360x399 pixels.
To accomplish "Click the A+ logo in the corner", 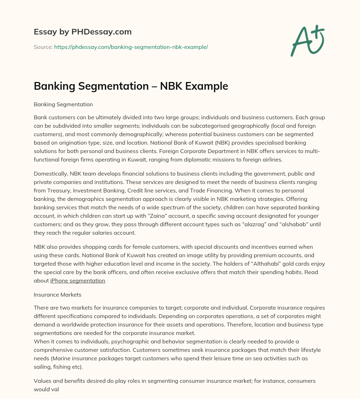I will [x=307, y=41].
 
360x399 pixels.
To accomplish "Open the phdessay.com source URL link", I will [x=131, y=47].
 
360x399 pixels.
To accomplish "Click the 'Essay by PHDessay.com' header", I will [x=83, y=32].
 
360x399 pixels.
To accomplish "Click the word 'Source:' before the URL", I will [x=43, y=47].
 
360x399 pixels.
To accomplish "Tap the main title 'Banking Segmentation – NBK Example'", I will [x=131, y=86].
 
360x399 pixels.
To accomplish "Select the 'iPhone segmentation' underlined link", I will [x=78, y=280].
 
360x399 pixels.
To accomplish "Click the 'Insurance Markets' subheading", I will [x=57, y=294].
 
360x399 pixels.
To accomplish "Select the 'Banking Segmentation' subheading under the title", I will [x=63, y=104].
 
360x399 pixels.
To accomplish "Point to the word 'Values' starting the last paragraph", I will [x=42, y=381].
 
